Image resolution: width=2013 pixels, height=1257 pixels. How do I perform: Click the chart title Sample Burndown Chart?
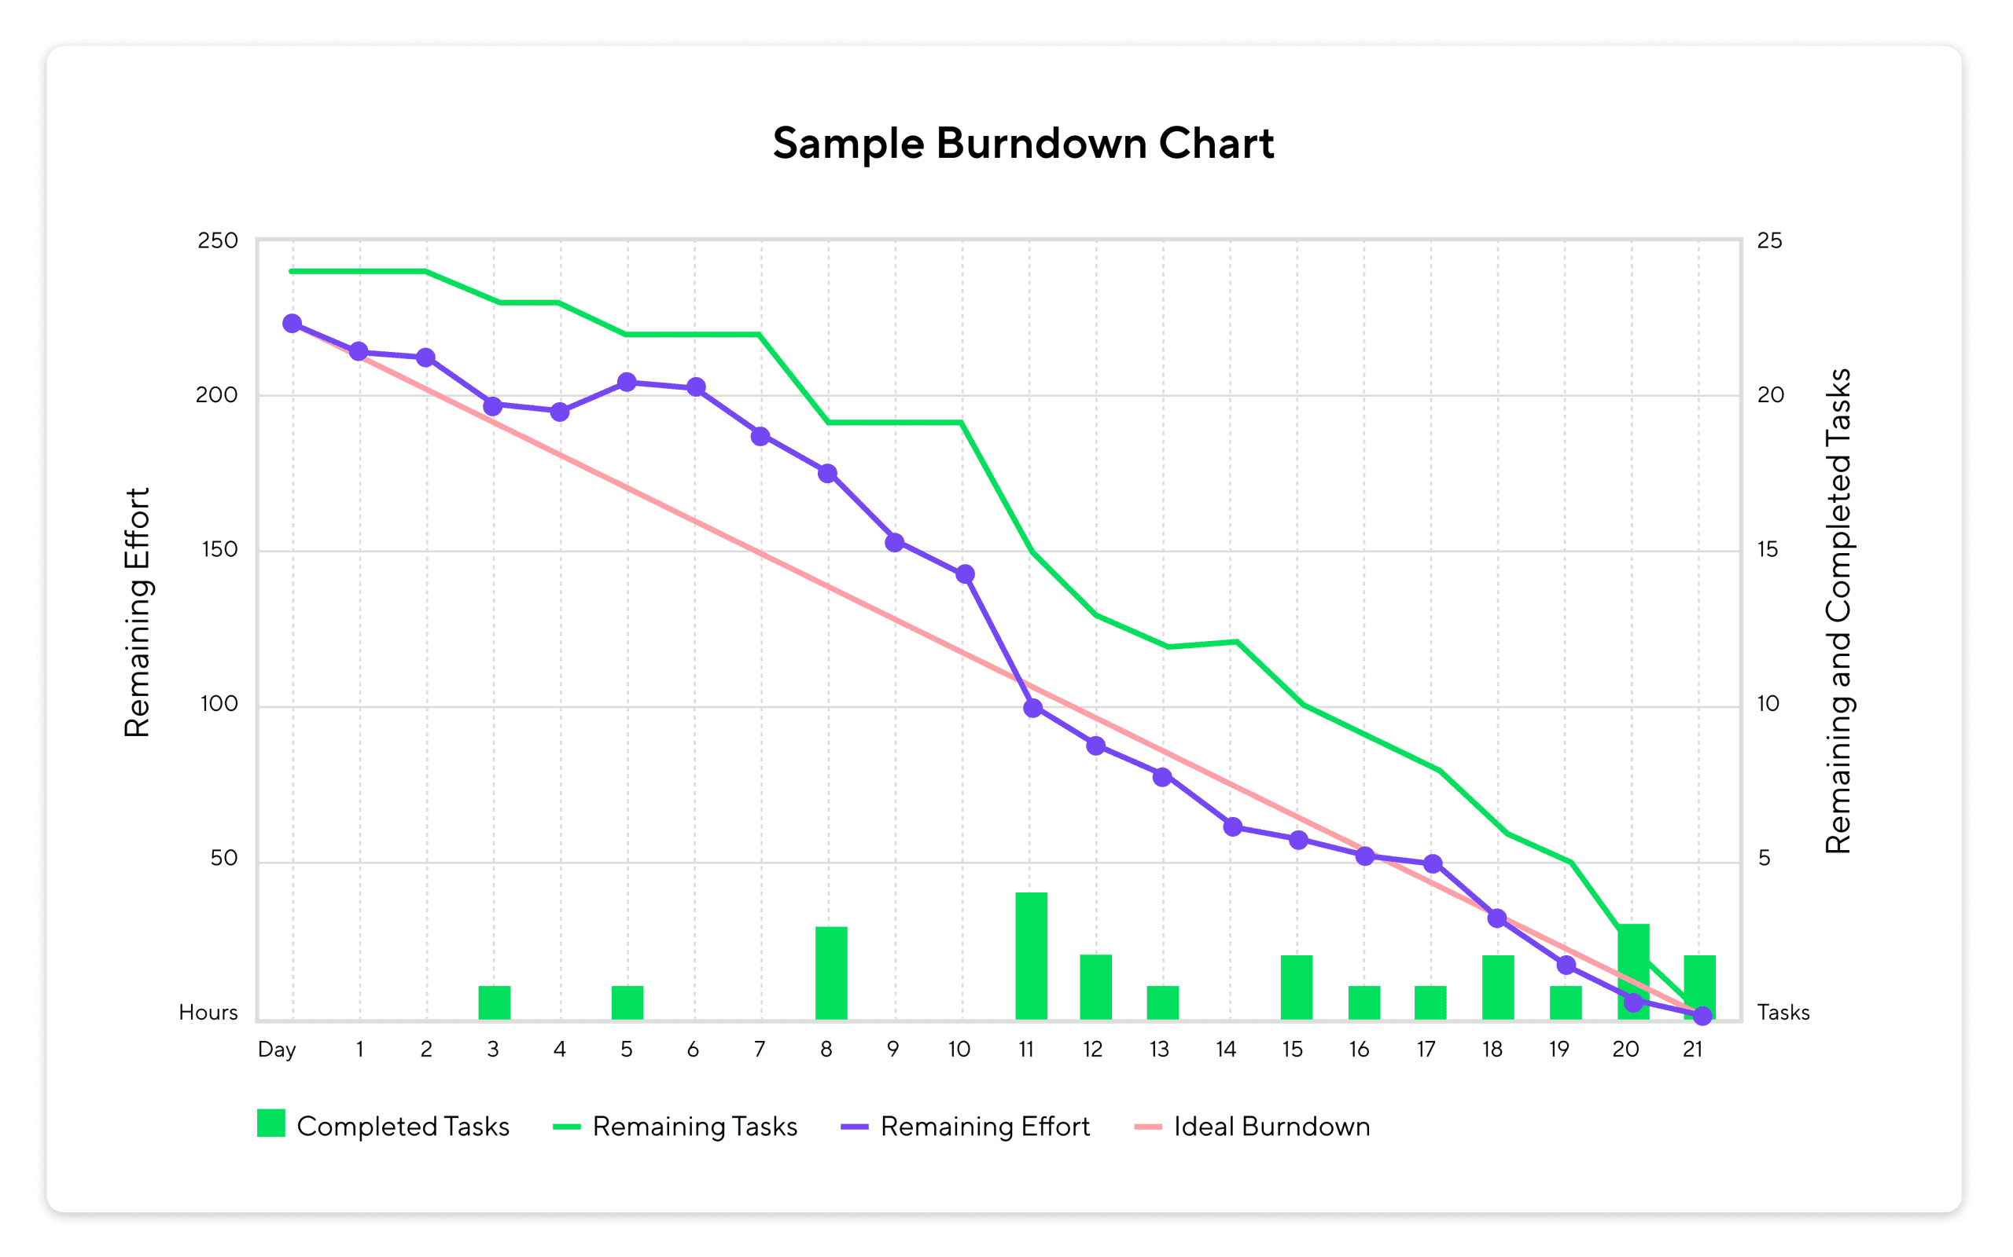pyautogui.click(x=1022, y=144)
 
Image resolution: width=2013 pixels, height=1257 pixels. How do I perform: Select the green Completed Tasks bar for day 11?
pyautogui.click(x=1031, y=956)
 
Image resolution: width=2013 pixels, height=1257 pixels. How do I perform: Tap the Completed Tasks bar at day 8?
pyautogui.click(x=831, y=973)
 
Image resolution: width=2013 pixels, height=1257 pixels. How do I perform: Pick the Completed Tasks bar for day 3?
pyautogui.click(x=494, y=1002)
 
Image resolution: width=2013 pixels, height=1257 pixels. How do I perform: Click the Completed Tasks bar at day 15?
pyautogui.click(x=1296, y=988)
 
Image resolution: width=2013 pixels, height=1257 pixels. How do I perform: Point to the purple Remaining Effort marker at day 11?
pyautogui.click(x=1032, y=709)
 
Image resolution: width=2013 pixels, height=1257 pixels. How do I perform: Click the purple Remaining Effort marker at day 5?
pyautogui.click(x=627, y=383)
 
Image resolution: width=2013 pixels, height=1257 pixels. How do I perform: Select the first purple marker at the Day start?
pyautogui.click(x=292, y=324)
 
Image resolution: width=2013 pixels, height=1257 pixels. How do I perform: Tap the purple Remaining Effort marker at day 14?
pyautogui.click(x=1233, y=826)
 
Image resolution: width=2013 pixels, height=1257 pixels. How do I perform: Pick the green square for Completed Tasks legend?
pyautogui.click(x=271, y=1123)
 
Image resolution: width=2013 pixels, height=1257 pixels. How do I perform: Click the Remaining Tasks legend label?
pyautogui.click(x=694, y=1127)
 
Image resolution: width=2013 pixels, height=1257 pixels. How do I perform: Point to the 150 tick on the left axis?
pyautogui.click(x=219, y=549)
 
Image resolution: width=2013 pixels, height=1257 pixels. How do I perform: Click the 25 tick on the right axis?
pyautogui.click(x=1769, y=241)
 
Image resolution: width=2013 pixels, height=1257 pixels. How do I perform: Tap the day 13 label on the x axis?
pyautogui.click(x=1159, y=1050)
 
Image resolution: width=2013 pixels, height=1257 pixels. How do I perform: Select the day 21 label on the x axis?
pyautogui.click(x=1692, y=1050)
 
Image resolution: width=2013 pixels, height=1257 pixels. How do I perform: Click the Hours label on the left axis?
pyautogui.click(x=208, y=1013)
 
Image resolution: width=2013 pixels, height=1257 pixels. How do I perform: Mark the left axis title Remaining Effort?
pyautogui.click(x=138, y=613)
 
